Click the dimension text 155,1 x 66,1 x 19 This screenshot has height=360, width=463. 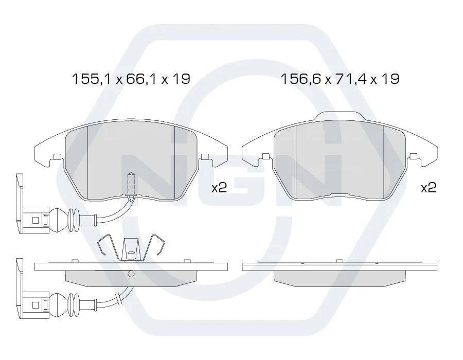(x=131, y=79)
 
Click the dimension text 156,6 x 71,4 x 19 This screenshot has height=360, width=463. (x=340, y=79)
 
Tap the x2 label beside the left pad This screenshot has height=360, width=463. (x=219, y=187)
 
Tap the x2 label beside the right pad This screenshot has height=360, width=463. (x=429, y=187)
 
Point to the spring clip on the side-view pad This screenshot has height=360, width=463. (x=131, y=248)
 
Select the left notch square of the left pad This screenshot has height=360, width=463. (x=57, y=156)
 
